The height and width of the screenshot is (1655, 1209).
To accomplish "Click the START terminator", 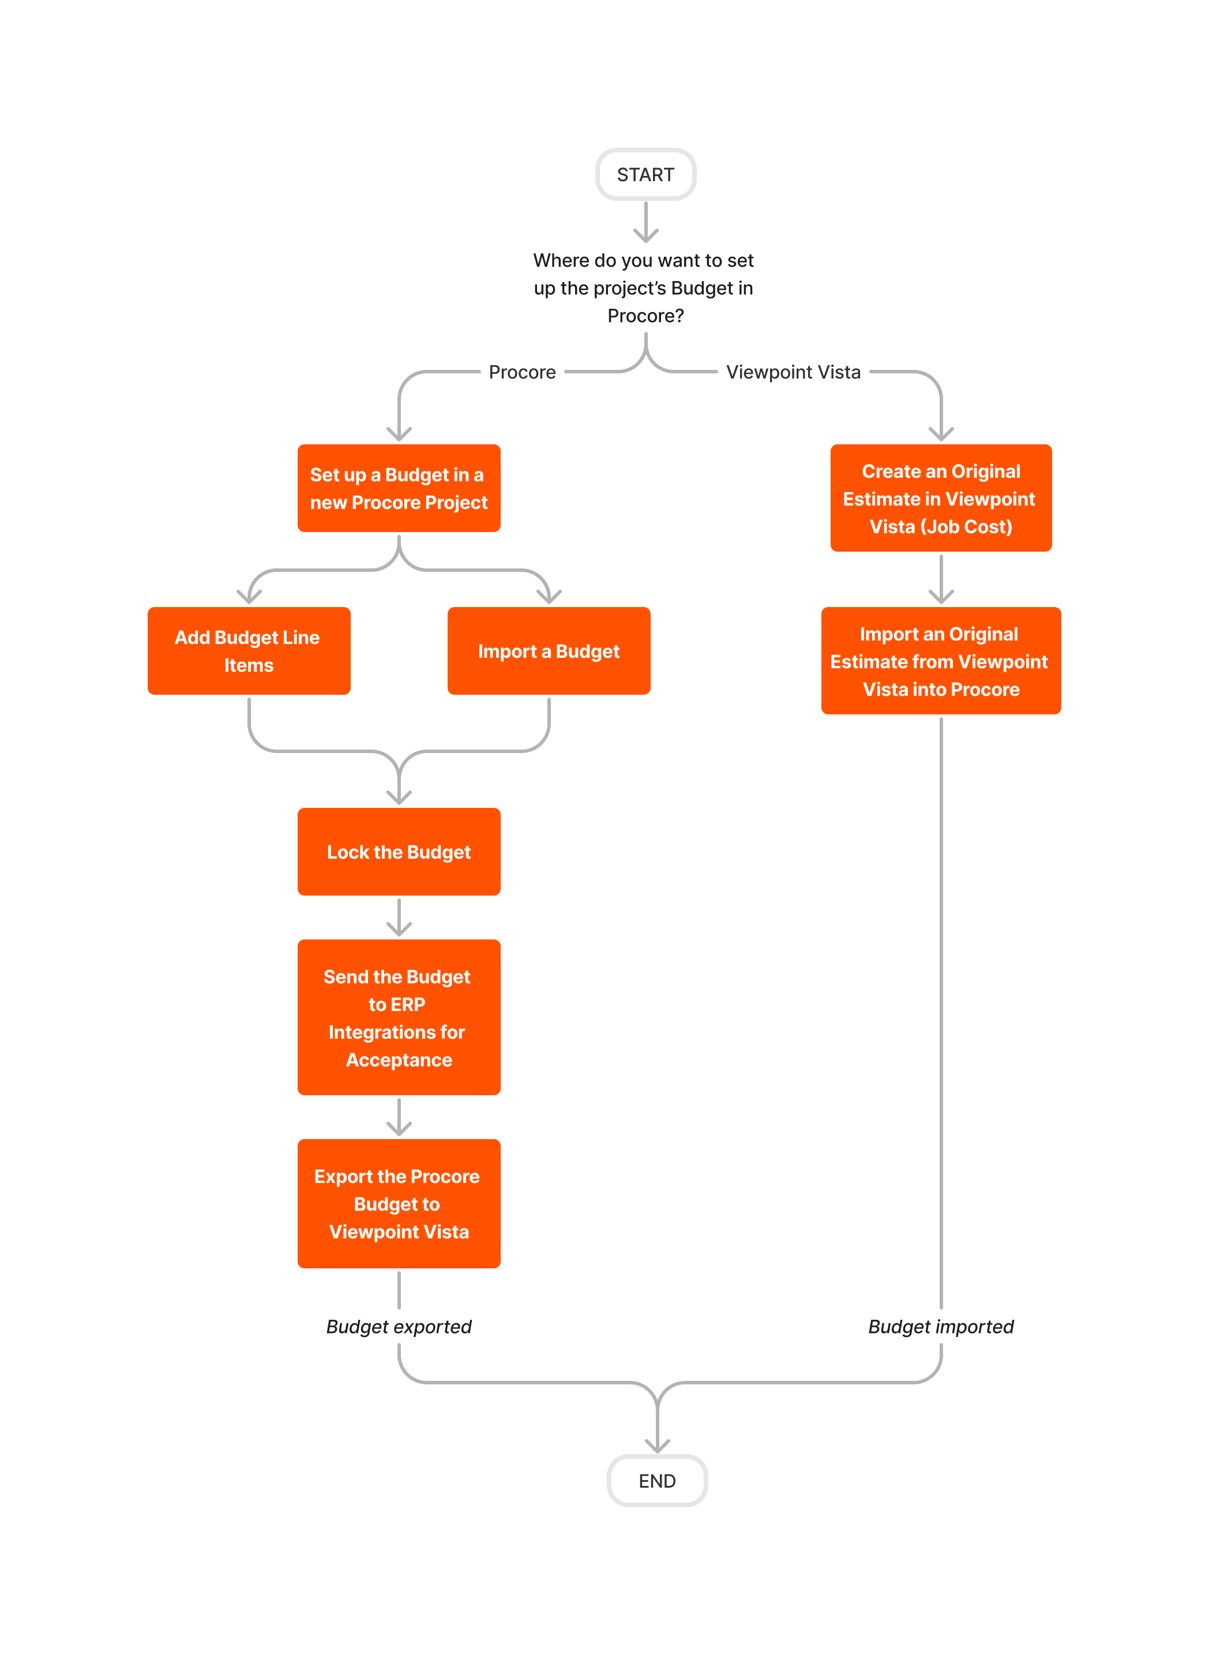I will pyautogui.click(x=645, y=174).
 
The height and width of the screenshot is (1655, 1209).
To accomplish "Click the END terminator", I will pyautogui.click(x=656, y=1480).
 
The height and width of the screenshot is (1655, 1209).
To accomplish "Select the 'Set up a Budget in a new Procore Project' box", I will pyautogui.click(x=399, y=488).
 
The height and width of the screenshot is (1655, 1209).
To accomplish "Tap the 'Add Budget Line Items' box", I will pyautogui.click(x=249, y=651).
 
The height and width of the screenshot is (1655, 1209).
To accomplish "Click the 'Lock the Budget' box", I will pyautogui.click(x=399, y=851).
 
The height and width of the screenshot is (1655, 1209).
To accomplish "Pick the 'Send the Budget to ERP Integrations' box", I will pyautogui.click(x=399, y=1017).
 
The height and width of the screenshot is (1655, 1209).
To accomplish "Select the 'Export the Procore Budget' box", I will pyautogui.click(x=399, y=1203).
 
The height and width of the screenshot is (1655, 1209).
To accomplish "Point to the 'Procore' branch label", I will pyautogui.click(x=522, y=372).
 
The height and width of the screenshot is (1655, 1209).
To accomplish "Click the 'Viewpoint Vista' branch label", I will pyautogui.click(x=793, y=372).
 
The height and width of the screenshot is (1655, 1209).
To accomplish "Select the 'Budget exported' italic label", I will pyautogui.click(x=399, y=1326).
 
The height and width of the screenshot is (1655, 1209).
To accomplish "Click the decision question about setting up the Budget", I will pyautogui.click(x=644, y=288).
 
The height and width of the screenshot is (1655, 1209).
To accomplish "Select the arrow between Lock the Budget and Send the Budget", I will pyautogui.click(x=399, y=917).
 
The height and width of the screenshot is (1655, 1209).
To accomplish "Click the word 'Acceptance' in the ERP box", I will pyautogui.click(x=399, y=1060).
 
